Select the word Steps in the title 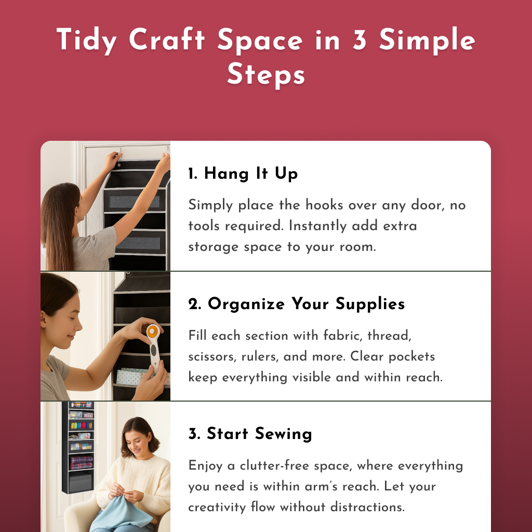[265, 74]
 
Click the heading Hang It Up [243, 174]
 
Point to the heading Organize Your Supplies [297, 304]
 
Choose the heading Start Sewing [250, 434]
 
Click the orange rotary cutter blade [153, 332]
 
